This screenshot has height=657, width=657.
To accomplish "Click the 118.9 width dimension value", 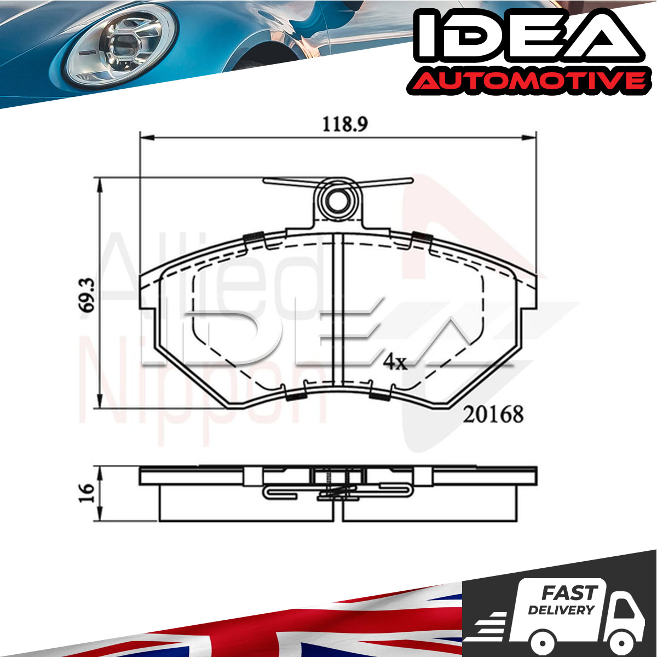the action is point(345,124).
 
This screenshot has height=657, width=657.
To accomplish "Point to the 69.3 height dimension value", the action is point(87,295).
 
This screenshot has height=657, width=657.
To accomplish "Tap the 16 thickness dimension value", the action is point(87,493).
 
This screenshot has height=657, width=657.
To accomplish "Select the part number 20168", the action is point(493,414).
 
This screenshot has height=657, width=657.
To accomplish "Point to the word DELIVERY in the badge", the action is point(561,610).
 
